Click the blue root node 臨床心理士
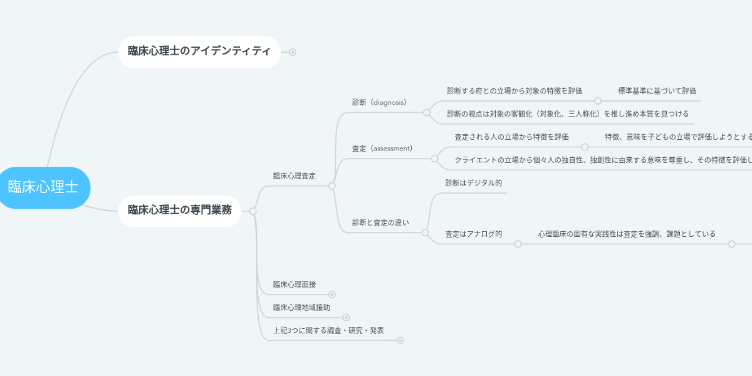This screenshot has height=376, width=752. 43,187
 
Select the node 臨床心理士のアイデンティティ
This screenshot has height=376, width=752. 199,51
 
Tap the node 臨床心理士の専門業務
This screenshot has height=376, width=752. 180,210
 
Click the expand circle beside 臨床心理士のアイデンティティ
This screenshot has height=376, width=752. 292,52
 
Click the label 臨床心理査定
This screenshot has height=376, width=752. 295,176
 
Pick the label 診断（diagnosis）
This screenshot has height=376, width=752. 379,102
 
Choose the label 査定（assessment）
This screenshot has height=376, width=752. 382,149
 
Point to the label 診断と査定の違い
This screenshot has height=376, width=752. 380,222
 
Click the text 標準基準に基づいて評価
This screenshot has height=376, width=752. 657,91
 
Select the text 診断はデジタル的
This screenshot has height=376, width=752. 473,183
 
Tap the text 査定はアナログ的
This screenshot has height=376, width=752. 473,234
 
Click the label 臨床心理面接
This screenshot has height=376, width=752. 295,285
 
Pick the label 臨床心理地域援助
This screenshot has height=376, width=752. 301,308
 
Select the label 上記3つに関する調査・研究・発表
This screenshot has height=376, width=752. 328,330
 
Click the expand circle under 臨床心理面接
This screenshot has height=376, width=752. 332,295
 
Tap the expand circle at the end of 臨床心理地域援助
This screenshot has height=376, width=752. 346,318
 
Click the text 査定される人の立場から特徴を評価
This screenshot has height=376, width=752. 511,137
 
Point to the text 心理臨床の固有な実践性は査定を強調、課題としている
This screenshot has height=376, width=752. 626,234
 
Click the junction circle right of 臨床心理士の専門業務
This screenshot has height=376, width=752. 253,211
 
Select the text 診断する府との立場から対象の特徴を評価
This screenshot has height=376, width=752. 514,91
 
